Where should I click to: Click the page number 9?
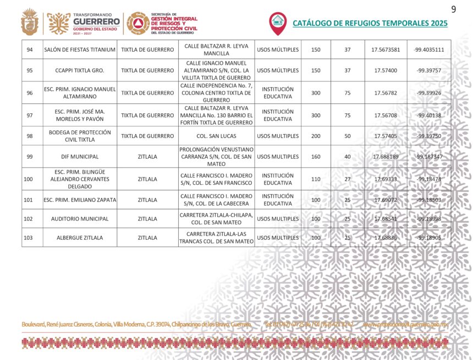point(454,9)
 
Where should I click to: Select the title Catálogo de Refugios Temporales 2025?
point(370,23)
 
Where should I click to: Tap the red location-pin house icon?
point(278,22)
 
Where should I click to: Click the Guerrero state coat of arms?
point(30,23)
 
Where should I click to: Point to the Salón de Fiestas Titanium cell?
point(80,49)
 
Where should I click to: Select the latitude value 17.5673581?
point(386,49)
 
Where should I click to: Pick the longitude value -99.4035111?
point(428,49)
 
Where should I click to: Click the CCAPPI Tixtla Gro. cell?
point(80,70)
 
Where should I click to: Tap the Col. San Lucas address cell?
point(217,136)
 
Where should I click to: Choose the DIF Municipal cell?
point(80,157)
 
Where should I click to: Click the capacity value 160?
point(316,157)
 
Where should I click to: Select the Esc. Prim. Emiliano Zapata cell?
point(80,200)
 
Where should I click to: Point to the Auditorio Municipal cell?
point(80,219)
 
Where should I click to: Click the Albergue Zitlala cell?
point(80,238)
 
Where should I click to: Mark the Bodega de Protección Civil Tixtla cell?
point(80,136)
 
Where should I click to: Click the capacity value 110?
point(316,179)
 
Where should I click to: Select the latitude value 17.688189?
point(386,157)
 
